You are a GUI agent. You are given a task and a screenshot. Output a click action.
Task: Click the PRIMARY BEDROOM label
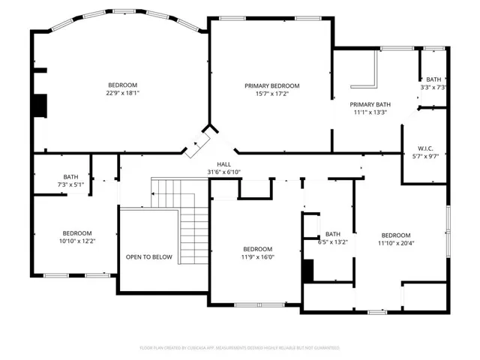(271, 86)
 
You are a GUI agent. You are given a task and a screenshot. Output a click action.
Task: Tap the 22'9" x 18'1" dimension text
(123, 93)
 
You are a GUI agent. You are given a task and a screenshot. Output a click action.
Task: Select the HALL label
(224, 164)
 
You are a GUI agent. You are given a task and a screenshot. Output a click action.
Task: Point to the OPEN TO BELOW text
(149, 257)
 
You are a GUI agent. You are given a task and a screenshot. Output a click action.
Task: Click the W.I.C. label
(425, 148)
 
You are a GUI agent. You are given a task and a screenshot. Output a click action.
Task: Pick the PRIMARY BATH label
(370, 105)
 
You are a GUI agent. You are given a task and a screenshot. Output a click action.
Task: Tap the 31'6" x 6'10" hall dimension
(224, 172)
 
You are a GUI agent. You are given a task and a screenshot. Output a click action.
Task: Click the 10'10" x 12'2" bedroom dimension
(77, 241)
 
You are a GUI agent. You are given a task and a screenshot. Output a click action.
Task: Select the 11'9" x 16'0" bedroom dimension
(258, 257)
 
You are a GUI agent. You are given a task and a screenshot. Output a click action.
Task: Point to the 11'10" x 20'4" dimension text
(396, 243)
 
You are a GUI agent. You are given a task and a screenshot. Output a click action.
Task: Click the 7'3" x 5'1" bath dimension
(70, 185)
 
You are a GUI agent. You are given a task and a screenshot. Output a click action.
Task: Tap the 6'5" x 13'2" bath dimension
(333, 242)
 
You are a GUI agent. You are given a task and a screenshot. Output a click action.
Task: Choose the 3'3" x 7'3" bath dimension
(433, 88)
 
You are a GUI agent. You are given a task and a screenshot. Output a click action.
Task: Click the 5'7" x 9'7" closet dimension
(425, 157)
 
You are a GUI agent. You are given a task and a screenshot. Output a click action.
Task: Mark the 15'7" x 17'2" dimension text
(272, 94)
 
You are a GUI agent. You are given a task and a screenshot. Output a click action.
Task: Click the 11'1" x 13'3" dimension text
(370, 112)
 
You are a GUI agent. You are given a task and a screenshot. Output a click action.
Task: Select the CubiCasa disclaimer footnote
(240, 348)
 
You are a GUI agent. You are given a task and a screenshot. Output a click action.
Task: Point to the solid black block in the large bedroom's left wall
(40, 106)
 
